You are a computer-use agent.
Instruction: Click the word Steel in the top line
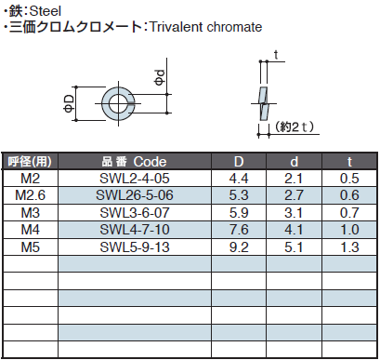(x=46, y=11)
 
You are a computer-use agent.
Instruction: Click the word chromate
(x=234, y=27)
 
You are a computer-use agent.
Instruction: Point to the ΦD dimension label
(x=70, y=103)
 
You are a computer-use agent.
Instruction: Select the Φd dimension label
(x=160, y=77)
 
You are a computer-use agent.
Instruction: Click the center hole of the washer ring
(x=118, y=103)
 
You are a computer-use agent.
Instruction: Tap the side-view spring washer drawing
(x=263, y=103)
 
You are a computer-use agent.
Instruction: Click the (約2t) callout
(x=295, y=127)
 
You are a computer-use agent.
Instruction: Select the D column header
(x=239, y=162)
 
